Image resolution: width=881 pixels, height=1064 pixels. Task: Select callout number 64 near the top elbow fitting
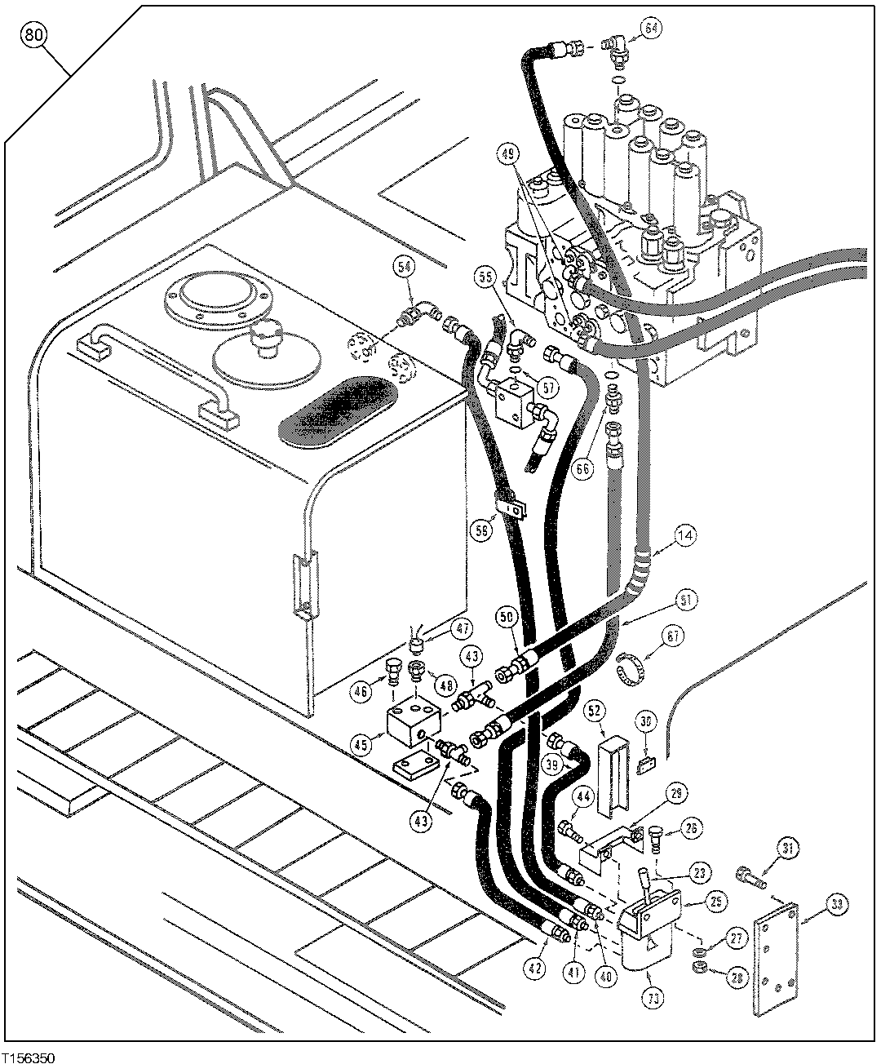pos(651,27)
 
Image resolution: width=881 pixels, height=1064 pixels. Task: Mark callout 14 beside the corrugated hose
pos(684,536)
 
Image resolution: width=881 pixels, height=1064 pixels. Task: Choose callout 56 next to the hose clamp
pos(482,529)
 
